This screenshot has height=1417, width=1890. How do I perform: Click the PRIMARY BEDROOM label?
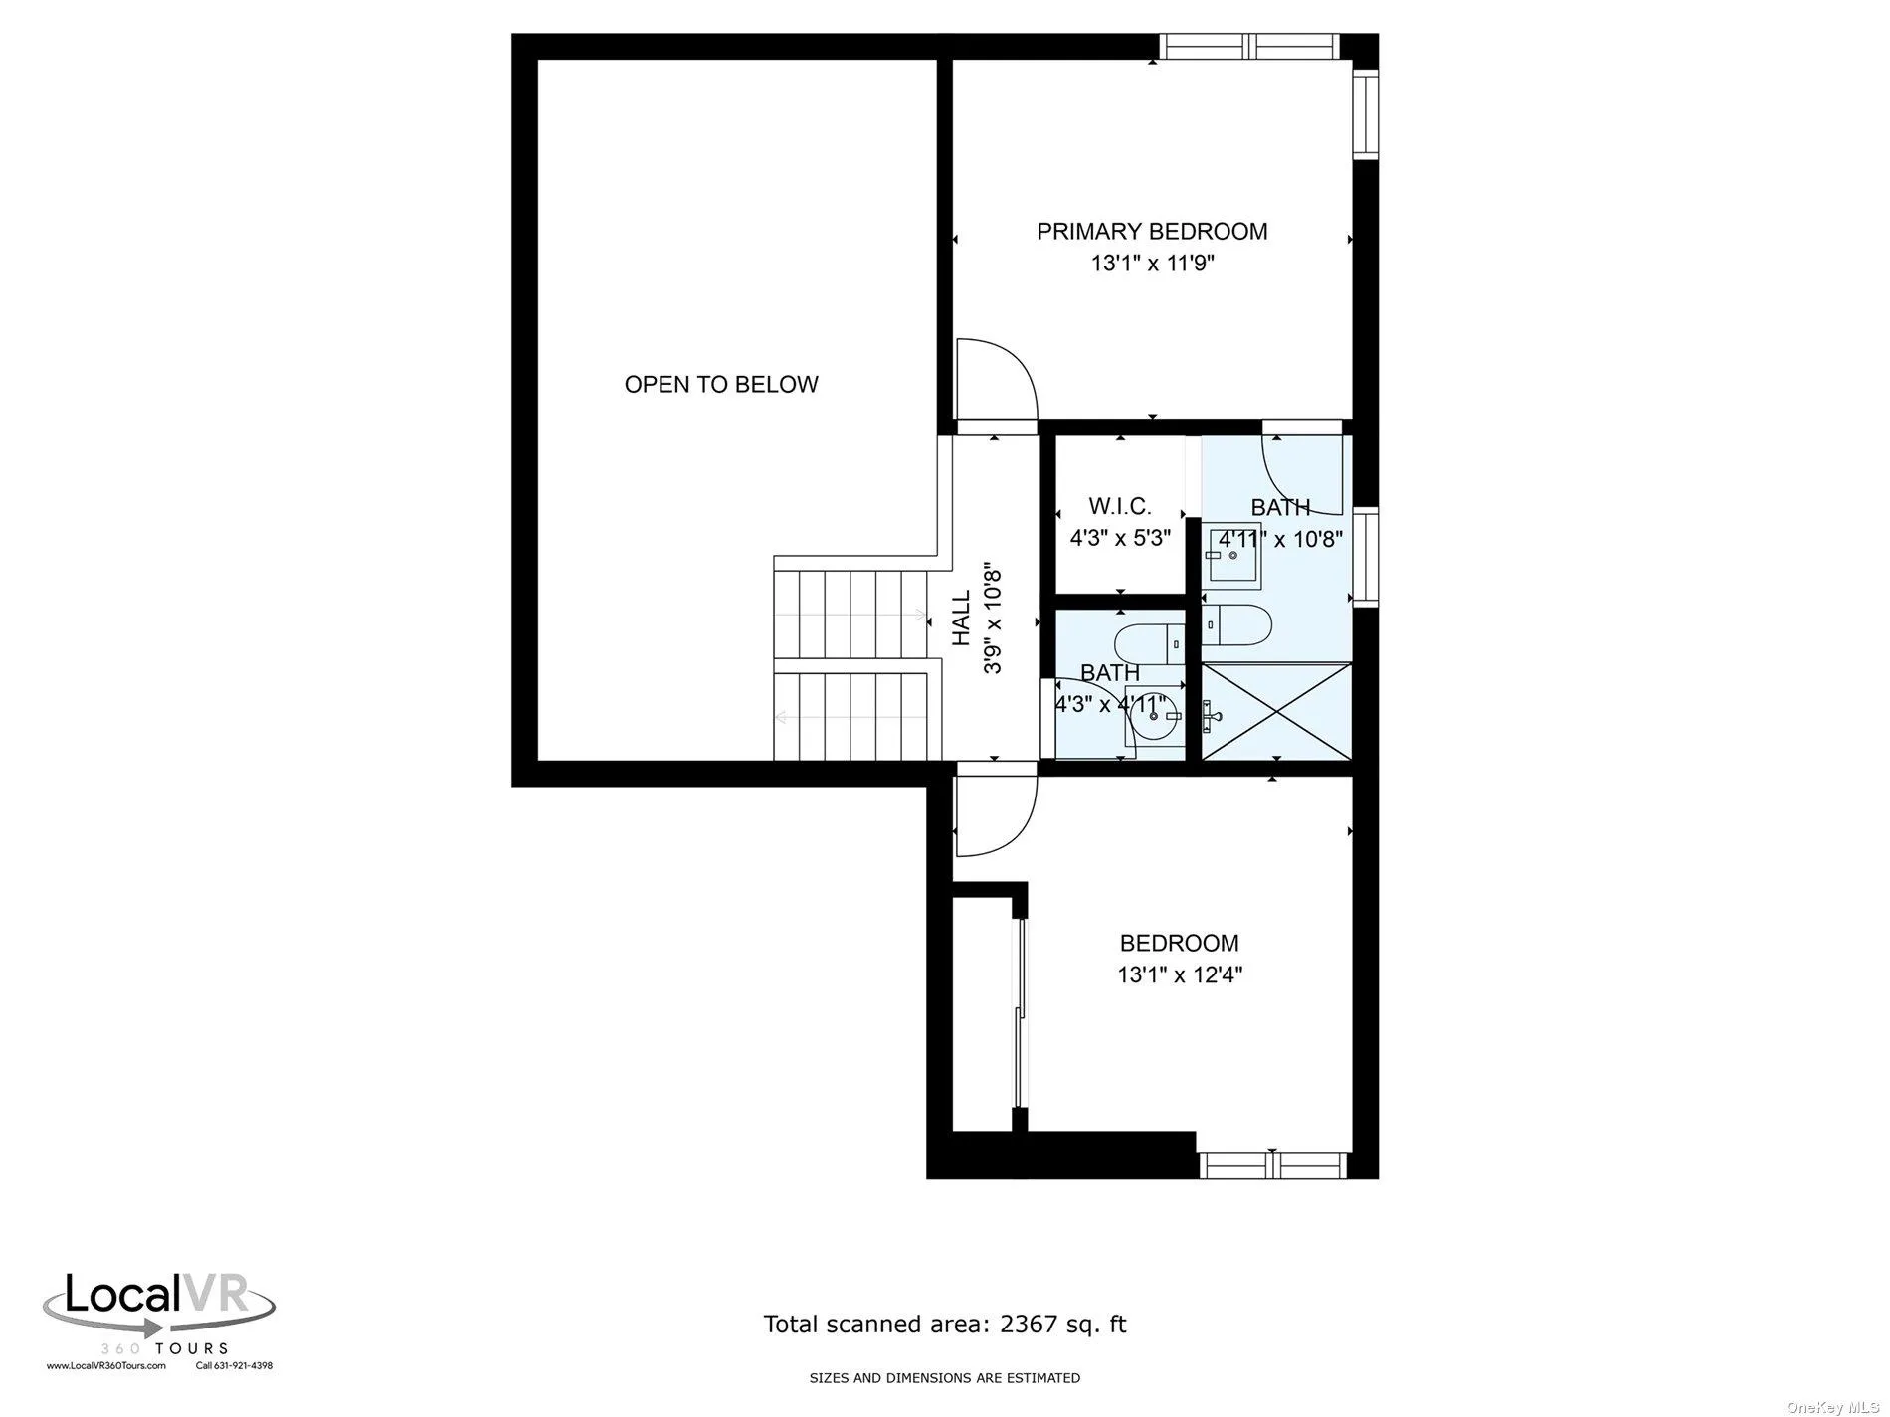(1152, 232)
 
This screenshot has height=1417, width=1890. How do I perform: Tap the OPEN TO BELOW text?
(721, 384)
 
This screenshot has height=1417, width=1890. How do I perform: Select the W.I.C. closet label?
(1120, 506)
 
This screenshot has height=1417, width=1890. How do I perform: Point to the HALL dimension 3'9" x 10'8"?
(993, 620)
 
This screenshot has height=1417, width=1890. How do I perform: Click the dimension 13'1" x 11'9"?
(1153, 264)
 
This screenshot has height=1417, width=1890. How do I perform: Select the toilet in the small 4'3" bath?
(1148, 642)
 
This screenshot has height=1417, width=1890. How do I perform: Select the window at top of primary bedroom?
(1248, 46)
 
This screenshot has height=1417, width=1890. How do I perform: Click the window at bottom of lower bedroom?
(1273, 1165)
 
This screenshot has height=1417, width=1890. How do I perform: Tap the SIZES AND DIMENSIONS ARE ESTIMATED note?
(944, 1378)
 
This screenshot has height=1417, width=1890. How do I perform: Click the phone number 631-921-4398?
(243, 1365)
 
